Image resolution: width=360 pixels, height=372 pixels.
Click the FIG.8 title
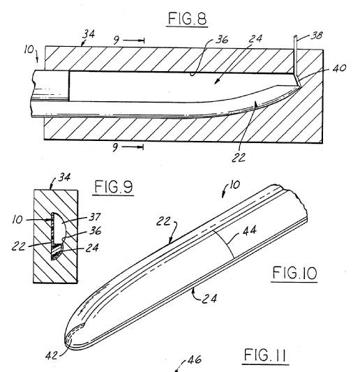187,19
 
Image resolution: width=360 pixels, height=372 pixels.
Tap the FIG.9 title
113,187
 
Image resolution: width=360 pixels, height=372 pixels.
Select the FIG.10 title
294,273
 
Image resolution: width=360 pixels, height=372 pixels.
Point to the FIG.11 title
265,355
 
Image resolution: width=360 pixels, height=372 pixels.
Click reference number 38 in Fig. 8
317,36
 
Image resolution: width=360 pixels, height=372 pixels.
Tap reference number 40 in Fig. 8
339,68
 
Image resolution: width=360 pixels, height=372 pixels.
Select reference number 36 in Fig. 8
222,40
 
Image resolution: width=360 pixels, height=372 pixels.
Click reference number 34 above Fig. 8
89,34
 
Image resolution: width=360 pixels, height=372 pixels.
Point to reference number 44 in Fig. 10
250,230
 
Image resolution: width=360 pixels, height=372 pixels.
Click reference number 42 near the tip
52,355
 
